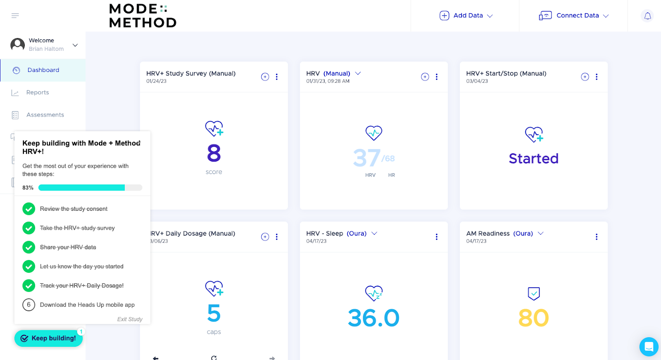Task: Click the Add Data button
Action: [466, 16]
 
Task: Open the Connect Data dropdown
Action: [574, 16]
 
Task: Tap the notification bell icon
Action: [647, 16]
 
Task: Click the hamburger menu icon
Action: [15, 16]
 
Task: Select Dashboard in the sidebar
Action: [43, 70]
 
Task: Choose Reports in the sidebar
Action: [37, 93]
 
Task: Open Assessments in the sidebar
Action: [45, 115]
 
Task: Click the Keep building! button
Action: [48, 338]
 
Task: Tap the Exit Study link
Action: [130, 319]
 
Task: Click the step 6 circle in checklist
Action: [29, 305]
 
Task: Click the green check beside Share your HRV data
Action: [29, 247]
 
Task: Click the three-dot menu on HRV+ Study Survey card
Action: [277, 77]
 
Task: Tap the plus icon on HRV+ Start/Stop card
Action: [585, 77]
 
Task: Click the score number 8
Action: [214, 153]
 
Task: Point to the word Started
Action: [533, 159]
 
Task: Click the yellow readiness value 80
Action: [533, 318]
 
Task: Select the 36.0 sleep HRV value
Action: [373, 318]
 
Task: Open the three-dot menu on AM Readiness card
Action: [597, 237]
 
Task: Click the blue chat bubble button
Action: [649, 346]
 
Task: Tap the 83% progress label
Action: [28, 188]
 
